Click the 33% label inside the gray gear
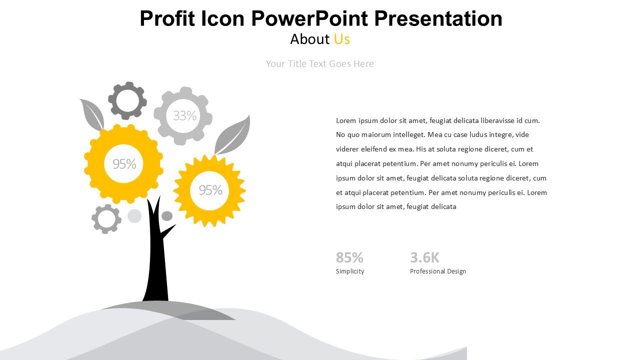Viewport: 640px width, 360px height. pyautogui.click(x=185, y=115)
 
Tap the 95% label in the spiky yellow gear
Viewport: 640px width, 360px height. pyautogui.click(x=210, y=190)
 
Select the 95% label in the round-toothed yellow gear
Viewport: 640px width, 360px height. pyautogui.click(x=124, y=163)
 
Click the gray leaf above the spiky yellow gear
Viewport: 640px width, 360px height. pyautogui.click(x=233, y=135)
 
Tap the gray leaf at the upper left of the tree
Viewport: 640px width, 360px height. pyautogui.click(x=92, y=114)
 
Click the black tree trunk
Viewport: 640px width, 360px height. pyautogui.click(x=156, y=257)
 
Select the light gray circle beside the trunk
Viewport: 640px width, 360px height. pyautogui.click(x=134, y=215)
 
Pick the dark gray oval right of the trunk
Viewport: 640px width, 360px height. pyautogui.click(x=167, y=216)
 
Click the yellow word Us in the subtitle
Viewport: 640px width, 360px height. pyautogui.click(x=341, y=39)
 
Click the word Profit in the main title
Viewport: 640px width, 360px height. pyautogui.click(x=167, y=18)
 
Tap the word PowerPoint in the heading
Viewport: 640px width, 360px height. pyautogui.click(x=309, y=18)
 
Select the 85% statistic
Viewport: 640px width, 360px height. pyautogui.click(x=349, y=257)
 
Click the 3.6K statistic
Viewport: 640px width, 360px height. pyautogui.click(x=424, y=257)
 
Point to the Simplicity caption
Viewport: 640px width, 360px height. pyautogui.click(x=350, y=271)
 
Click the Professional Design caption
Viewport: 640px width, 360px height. pyautogui.click(x=437, y=271)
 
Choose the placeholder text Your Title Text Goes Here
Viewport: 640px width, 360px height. pyautogui.click(x=319, y=63)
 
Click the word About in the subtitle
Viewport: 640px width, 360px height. pyautogui.click(x=309, y=39)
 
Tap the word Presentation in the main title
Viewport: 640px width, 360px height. pyautogui.click(x=438, y=18)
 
